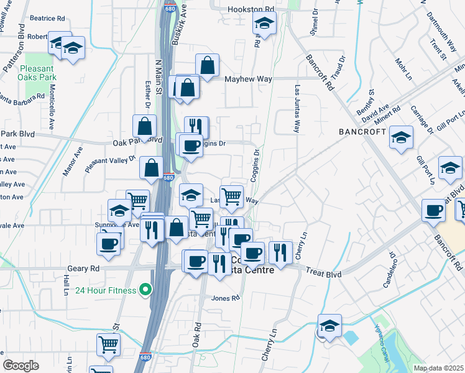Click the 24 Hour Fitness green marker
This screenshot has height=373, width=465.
click(145, 289)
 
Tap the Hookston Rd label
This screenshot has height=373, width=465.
click(251, 10)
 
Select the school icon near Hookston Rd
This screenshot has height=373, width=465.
click(264, 25)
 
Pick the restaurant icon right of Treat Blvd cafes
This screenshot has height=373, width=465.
click(280, 252)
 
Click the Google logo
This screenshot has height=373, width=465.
click(21, 366)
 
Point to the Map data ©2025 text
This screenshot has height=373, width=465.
click(438, 368)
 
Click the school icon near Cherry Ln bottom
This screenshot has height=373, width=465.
click(329, 325)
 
